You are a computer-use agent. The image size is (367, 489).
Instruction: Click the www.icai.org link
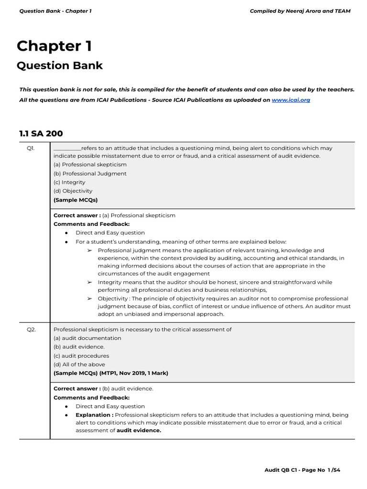291,100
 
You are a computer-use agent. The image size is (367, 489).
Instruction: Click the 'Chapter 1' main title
54,46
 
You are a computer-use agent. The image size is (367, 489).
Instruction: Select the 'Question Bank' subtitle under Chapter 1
60,65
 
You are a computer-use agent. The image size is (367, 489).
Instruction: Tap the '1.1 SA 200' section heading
41,134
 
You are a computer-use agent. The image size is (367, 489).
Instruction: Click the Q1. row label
31,149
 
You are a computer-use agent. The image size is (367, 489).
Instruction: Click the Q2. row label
31,330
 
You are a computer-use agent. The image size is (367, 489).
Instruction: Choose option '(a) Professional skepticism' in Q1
90,165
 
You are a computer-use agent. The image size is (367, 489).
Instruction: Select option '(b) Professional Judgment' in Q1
90,173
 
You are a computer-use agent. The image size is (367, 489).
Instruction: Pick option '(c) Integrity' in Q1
69,182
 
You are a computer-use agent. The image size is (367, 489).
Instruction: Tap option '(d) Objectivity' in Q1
73,191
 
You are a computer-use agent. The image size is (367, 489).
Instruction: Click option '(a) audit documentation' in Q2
87,338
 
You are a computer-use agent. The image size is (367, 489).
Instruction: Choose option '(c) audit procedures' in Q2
81,356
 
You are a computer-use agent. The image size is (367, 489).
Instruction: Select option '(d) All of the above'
79,364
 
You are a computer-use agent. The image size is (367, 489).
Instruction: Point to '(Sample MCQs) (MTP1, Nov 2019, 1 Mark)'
110,373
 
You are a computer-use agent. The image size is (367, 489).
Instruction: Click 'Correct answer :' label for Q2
77,389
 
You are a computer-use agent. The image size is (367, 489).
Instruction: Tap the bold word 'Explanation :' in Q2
94,415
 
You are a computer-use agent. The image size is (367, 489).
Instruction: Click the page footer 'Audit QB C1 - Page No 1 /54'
302,470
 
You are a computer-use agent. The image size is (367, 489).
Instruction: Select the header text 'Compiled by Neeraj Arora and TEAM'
300,11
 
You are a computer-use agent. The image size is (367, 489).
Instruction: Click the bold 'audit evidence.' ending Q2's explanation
139,430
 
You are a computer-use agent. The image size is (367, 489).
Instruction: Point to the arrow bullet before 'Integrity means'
89,282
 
